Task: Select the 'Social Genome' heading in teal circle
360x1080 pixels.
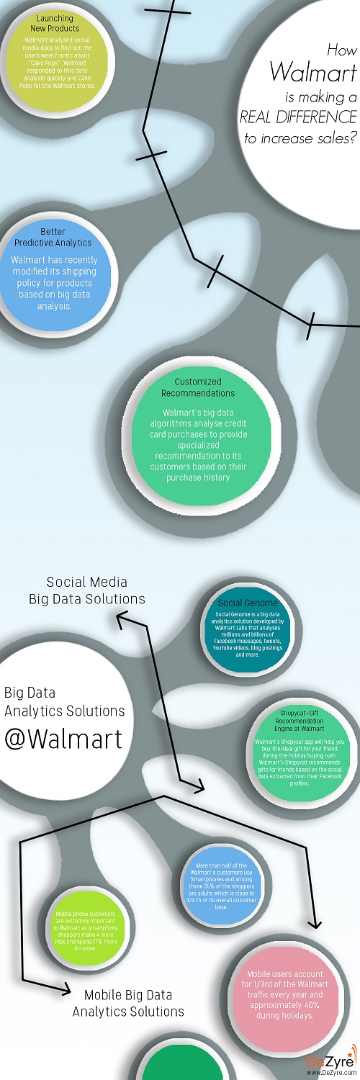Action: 242,603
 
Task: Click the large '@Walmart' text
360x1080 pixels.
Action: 63,739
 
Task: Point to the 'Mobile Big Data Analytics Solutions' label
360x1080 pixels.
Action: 128,1003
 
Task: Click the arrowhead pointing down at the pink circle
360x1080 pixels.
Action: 315,927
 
